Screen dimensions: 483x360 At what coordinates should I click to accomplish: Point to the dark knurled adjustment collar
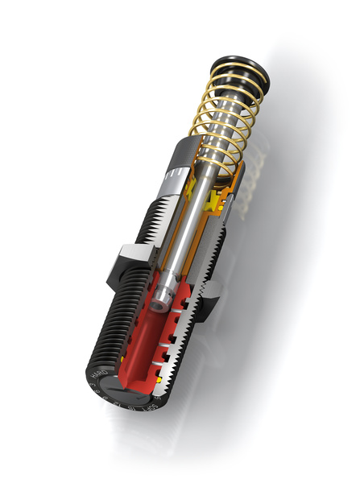183,153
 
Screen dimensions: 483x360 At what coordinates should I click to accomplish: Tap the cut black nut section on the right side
208,303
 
